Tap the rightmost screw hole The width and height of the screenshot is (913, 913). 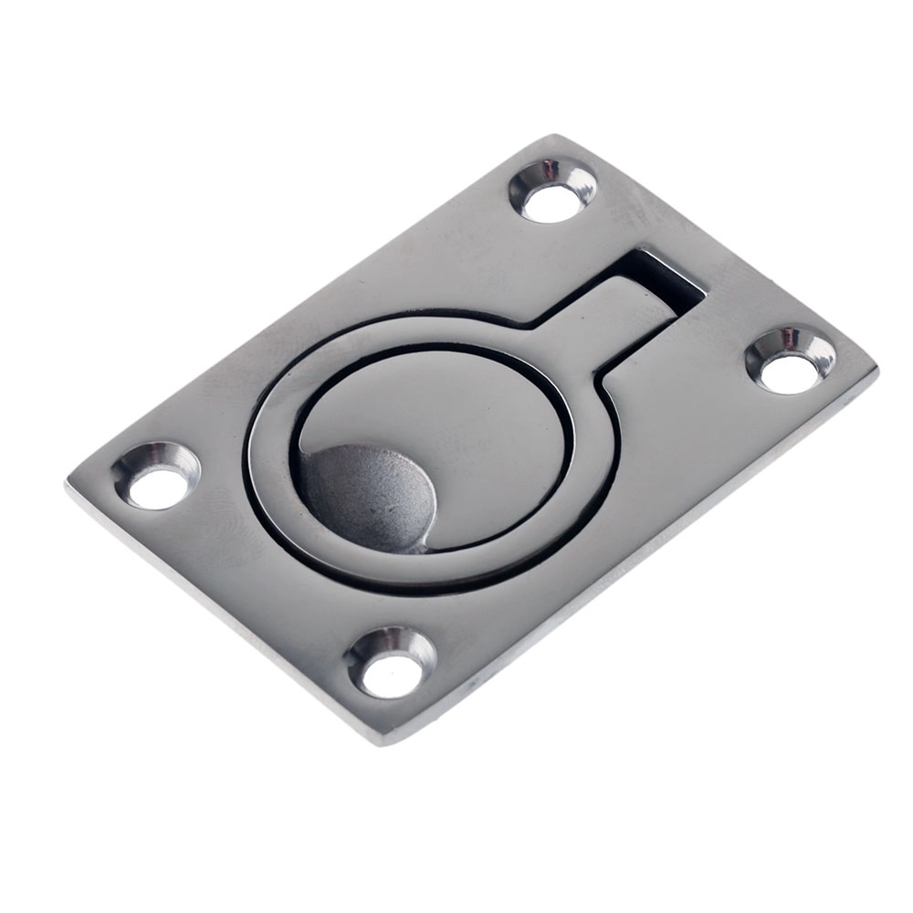791,362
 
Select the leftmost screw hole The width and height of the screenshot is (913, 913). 156,476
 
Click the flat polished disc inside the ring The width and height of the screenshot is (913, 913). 456,420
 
